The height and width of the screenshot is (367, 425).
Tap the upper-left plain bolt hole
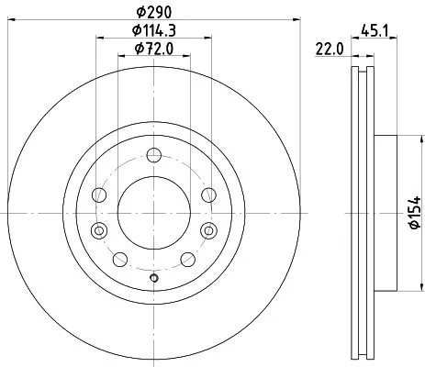coord(98,195)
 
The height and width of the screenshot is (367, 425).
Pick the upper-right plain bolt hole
coord(209,195)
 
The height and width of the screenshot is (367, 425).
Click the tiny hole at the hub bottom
coord(154,279)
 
